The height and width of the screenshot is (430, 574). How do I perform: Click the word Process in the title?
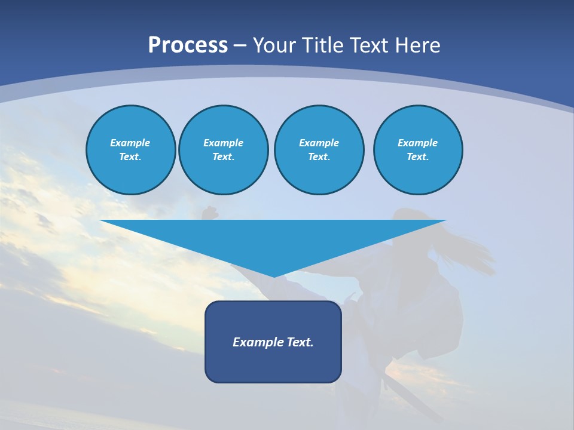pyautogui.click(x=188, y=45)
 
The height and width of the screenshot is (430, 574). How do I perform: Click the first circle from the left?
pyautogui.click(x=130, y=150)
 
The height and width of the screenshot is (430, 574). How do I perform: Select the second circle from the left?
pyautogui.click(x=223, y=150)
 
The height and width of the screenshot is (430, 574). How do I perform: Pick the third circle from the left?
pyautogui.click(x=319, y=150)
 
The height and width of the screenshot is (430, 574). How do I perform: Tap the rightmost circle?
pyautogui.click(x=417, y=150)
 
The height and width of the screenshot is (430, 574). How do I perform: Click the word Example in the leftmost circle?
pyautogui.click(x=130, y=143)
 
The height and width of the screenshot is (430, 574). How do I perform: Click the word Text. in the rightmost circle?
pyautogui.click(x=417, y=157)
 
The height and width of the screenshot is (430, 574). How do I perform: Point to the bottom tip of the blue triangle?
pyautogui.click(x=274, y=276)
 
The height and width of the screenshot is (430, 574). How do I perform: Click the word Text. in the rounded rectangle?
pyautogui.click(x=301, y=342)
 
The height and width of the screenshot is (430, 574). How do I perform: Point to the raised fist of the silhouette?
pyautogui.click(x=209, y=212)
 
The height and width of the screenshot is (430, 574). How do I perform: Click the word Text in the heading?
pyautogui.click(x=369, y=45)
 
